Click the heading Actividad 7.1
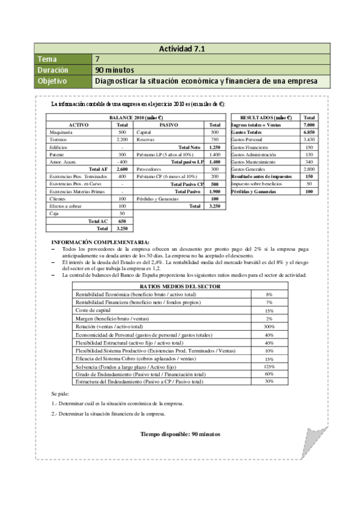click(x=183, y=49)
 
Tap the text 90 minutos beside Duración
click(x=112, y=70)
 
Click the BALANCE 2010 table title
click(x=137, y=117)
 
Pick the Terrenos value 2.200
click(x=122, y=139)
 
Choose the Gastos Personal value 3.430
click(x=309, y=139)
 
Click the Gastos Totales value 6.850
click(x=309, y=132)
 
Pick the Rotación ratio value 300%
click(x=269, y=326)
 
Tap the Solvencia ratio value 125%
click(x=269, y=366)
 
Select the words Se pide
click(x=61, y=393)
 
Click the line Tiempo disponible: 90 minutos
click(x=180, y=433)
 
